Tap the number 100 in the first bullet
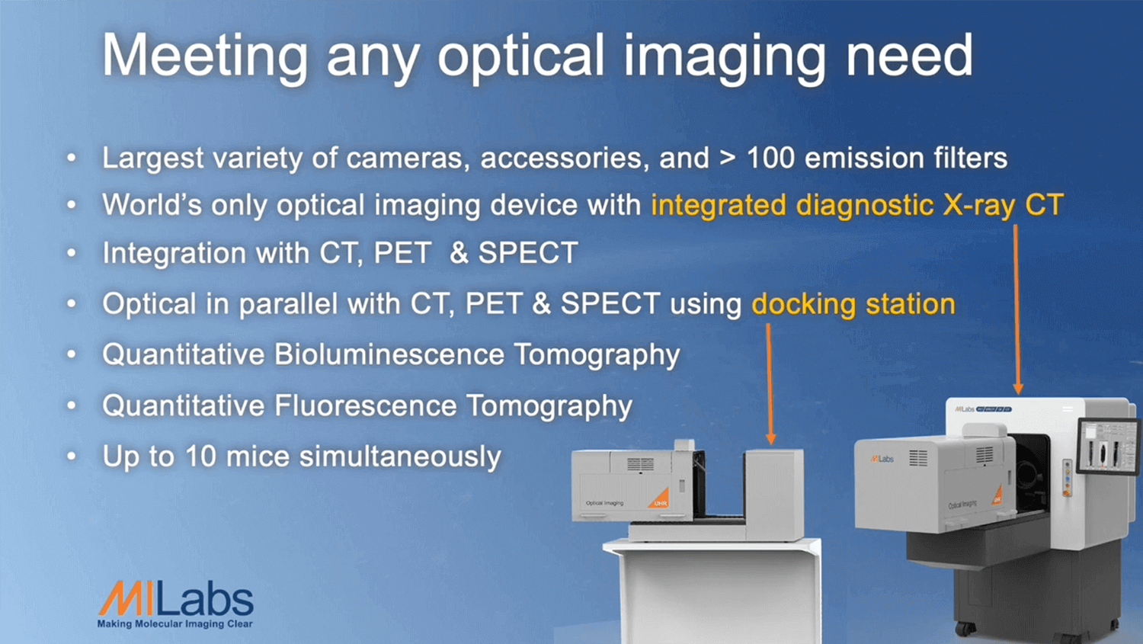(770, 158)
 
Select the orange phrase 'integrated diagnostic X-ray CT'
(856, 205)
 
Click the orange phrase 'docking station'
(853, 304)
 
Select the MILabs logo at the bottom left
(176, 600)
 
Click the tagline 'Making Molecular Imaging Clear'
(174, 624)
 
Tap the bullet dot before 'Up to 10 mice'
(72, 457)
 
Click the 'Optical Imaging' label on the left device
(604, 503)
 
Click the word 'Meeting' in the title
(205, 55)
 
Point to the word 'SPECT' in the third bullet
(527, 253)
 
